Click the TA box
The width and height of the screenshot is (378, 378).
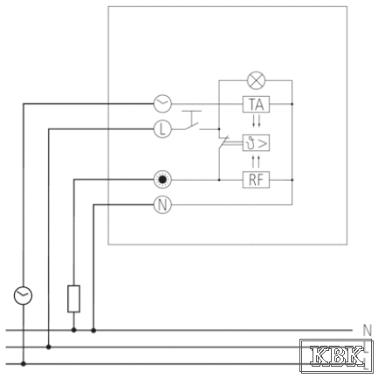point(256,104)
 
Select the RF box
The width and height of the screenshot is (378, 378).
point(256,180)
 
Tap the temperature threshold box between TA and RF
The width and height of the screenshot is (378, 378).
point(256,143)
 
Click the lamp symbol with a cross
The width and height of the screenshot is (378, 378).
point(256,80)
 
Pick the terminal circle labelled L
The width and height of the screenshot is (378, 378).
point(162,129)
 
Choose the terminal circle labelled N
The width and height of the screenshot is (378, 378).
point(162,205)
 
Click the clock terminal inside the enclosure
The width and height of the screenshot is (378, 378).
point(162,104)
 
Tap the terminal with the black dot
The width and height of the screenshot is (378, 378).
point(162,180)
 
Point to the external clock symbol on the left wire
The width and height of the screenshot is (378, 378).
point(23,295)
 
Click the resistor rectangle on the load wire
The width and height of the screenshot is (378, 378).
point(74,299)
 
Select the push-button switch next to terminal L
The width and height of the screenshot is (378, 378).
point(192,120)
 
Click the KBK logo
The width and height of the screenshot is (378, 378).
point(336,356)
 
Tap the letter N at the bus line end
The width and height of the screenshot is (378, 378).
point(368,331)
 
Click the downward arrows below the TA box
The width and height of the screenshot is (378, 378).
point(256,120)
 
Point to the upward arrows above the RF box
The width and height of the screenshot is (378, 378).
point(256,162)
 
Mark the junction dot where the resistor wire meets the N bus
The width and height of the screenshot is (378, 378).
point(74,330)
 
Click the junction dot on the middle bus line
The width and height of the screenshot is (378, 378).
point(49,347)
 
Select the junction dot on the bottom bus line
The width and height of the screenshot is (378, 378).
point(24,364)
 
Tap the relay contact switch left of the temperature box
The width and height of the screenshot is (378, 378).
point(223,143)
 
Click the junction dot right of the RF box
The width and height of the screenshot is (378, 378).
point(292,180)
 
